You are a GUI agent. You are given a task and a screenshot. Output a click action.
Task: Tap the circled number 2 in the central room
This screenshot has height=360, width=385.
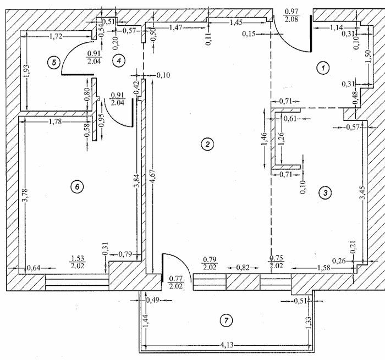(x=207, y=145)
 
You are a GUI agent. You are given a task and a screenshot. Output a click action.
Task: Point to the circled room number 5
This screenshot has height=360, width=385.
(x=53, y=62)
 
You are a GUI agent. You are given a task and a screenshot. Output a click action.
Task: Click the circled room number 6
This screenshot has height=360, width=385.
(x=77, y=187)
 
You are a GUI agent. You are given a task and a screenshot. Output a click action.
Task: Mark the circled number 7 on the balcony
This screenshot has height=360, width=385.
(x=224, y=320)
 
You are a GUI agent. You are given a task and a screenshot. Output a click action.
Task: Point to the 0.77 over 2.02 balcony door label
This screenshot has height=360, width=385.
(x=175, y=282)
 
